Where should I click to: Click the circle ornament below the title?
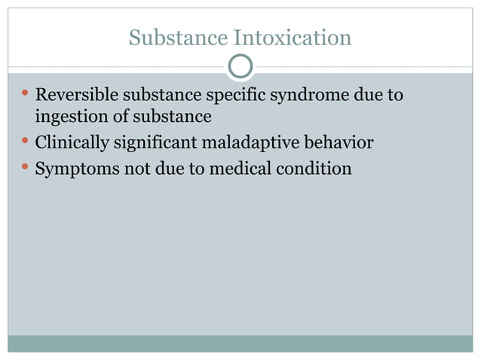click(240, 66)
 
